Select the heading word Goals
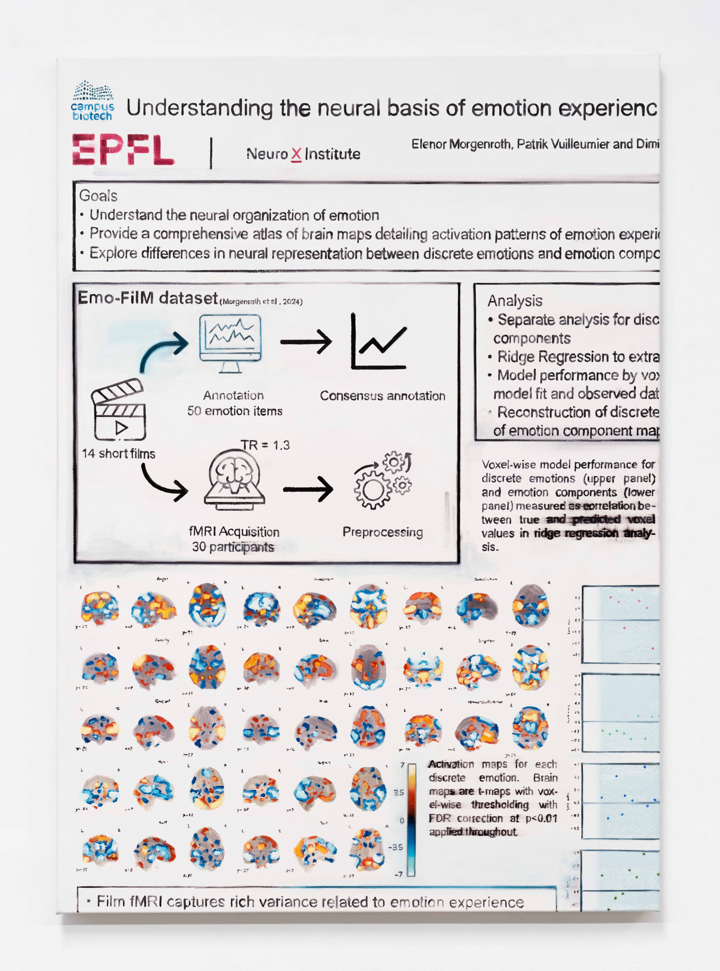98,196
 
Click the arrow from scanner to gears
308,489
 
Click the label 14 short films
119,454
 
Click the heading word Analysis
515,301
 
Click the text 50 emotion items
235,411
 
